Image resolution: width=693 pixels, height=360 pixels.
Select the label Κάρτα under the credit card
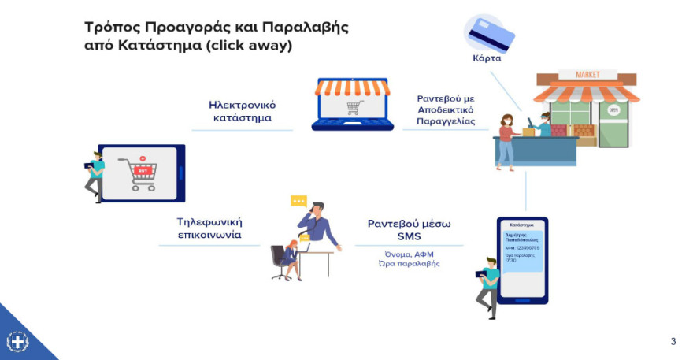[x=486, y=58]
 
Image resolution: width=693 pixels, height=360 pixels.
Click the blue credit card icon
[x=490, y=34]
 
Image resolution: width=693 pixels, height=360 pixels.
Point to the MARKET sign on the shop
[x=587, y=75]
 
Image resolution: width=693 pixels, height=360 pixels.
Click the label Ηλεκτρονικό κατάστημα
[x=242, y=111]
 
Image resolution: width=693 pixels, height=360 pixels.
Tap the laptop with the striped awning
[x=351, y=103]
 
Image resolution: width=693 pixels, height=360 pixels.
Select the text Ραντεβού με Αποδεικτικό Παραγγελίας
[x=447, y=110]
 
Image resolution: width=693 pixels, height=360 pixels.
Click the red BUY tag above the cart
[x=142, y=169]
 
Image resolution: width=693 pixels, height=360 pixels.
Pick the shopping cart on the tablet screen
[x=139, y=176]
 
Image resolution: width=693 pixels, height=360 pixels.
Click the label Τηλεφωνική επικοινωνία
[x=209, y=228]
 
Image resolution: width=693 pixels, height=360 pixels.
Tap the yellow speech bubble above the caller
[x=298, y=201]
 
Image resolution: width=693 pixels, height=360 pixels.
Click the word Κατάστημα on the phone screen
[x=522, y=225]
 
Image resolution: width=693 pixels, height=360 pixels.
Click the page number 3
[x=673, y=341]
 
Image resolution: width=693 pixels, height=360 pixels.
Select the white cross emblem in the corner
[x=17, y=342]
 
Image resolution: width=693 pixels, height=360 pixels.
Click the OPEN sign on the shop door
[x=614, y=110]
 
